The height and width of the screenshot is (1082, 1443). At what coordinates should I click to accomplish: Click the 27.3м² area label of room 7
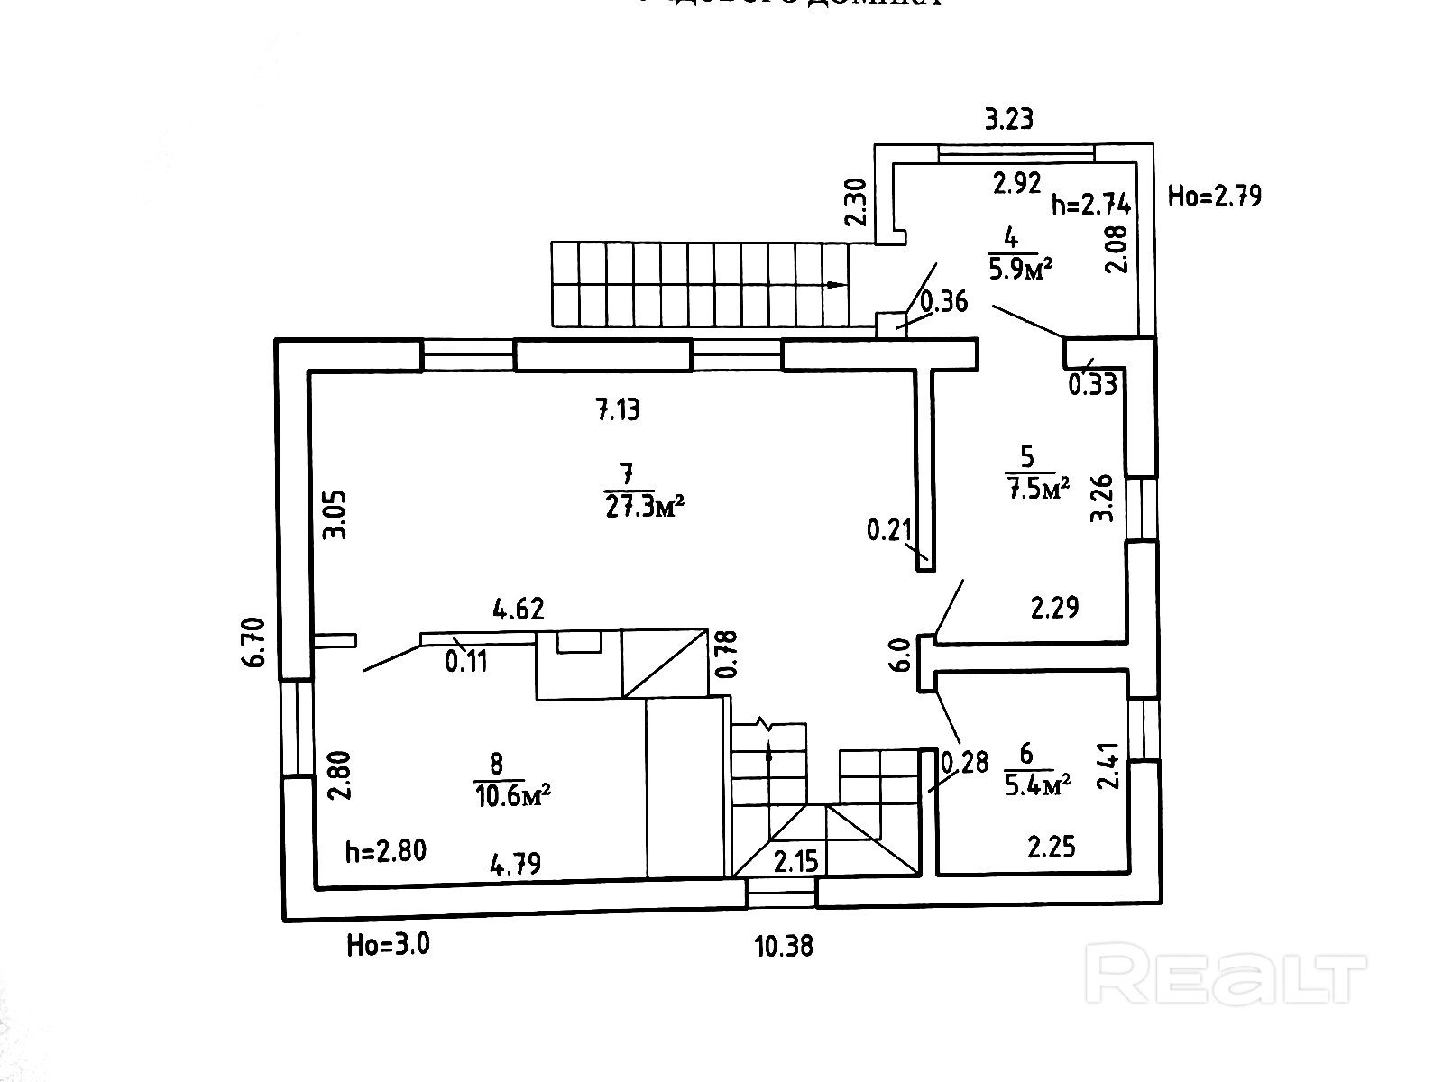(x=642, y=506)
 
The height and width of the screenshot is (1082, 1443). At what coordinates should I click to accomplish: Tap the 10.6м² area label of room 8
(x=511, y=795)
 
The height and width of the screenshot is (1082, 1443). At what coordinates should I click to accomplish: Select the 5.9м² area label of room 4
(x=1021, y=268)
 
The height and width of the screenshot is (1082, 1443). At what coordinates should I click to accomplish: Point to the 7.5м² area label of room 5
(x=1036, y=488)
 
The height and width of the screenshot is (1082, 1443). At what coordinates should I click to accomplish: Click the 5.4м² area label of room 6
(x=1037, y=784)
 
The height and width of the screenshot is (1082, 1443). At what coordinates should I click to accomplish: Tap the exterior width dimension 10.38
(x=784, y=946)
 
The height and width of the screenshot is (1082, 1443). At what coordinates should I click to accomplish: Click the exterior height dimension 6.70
(x=256, y=642)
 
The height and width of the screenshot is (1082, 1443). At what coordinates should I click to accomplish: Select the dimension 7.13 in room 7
(x=618, y=410)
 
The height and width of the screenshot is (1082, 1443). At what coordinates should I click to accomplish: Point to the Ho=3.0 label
(x=388, y=945)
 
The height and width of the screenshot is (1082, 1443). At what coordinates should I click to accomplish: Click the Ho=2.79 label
(x=1215, y=196)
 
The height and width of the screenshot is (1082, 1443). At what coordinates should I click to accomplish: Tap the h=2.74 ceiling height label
(x=1091, y=205)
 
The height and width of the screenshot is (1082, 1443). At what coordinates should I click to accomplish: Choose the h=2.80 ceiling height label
(x=386, y=850)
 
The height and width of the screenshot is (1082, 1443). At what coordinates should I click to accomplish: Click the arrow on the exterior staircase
(x=835, y=285)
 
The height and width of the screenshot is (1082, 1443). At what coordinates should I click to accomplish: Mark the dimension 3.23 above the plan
(x=1008, y=119)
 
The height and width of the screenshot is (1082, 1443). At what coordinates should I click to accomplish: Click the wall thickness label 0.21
(x=889, y=530)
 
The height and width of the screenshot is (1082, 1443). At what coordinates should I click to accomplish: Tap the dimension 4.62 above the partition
(x=519, y=609)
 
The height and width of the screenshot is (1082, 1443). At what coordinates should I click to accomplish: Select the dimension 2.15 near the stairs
(x=796, y=861)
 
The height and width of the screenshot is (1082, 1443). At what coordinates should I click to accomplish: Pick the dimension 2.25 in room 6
(x=1052, y=847)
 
